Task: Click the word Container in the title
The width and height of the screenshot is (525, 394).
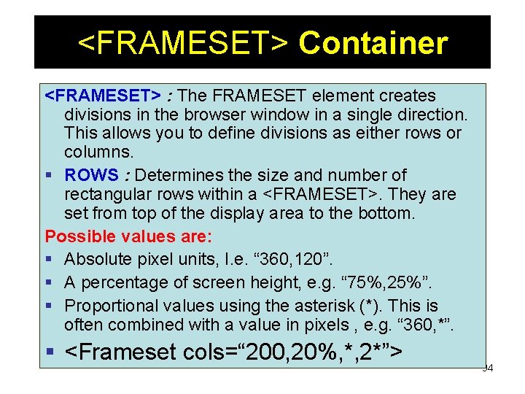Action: pos(373,43)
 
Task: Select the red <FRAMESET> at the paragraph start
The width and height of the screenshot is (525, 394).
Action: pos(103,96)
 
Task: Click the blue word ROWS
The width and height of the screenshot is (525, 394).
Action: pos(91,175)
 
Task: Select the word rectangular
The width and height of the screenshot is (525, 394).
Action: pos(109,195)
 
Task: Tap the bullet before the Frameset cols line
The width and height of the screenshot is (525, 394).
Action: pos(50,352)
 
